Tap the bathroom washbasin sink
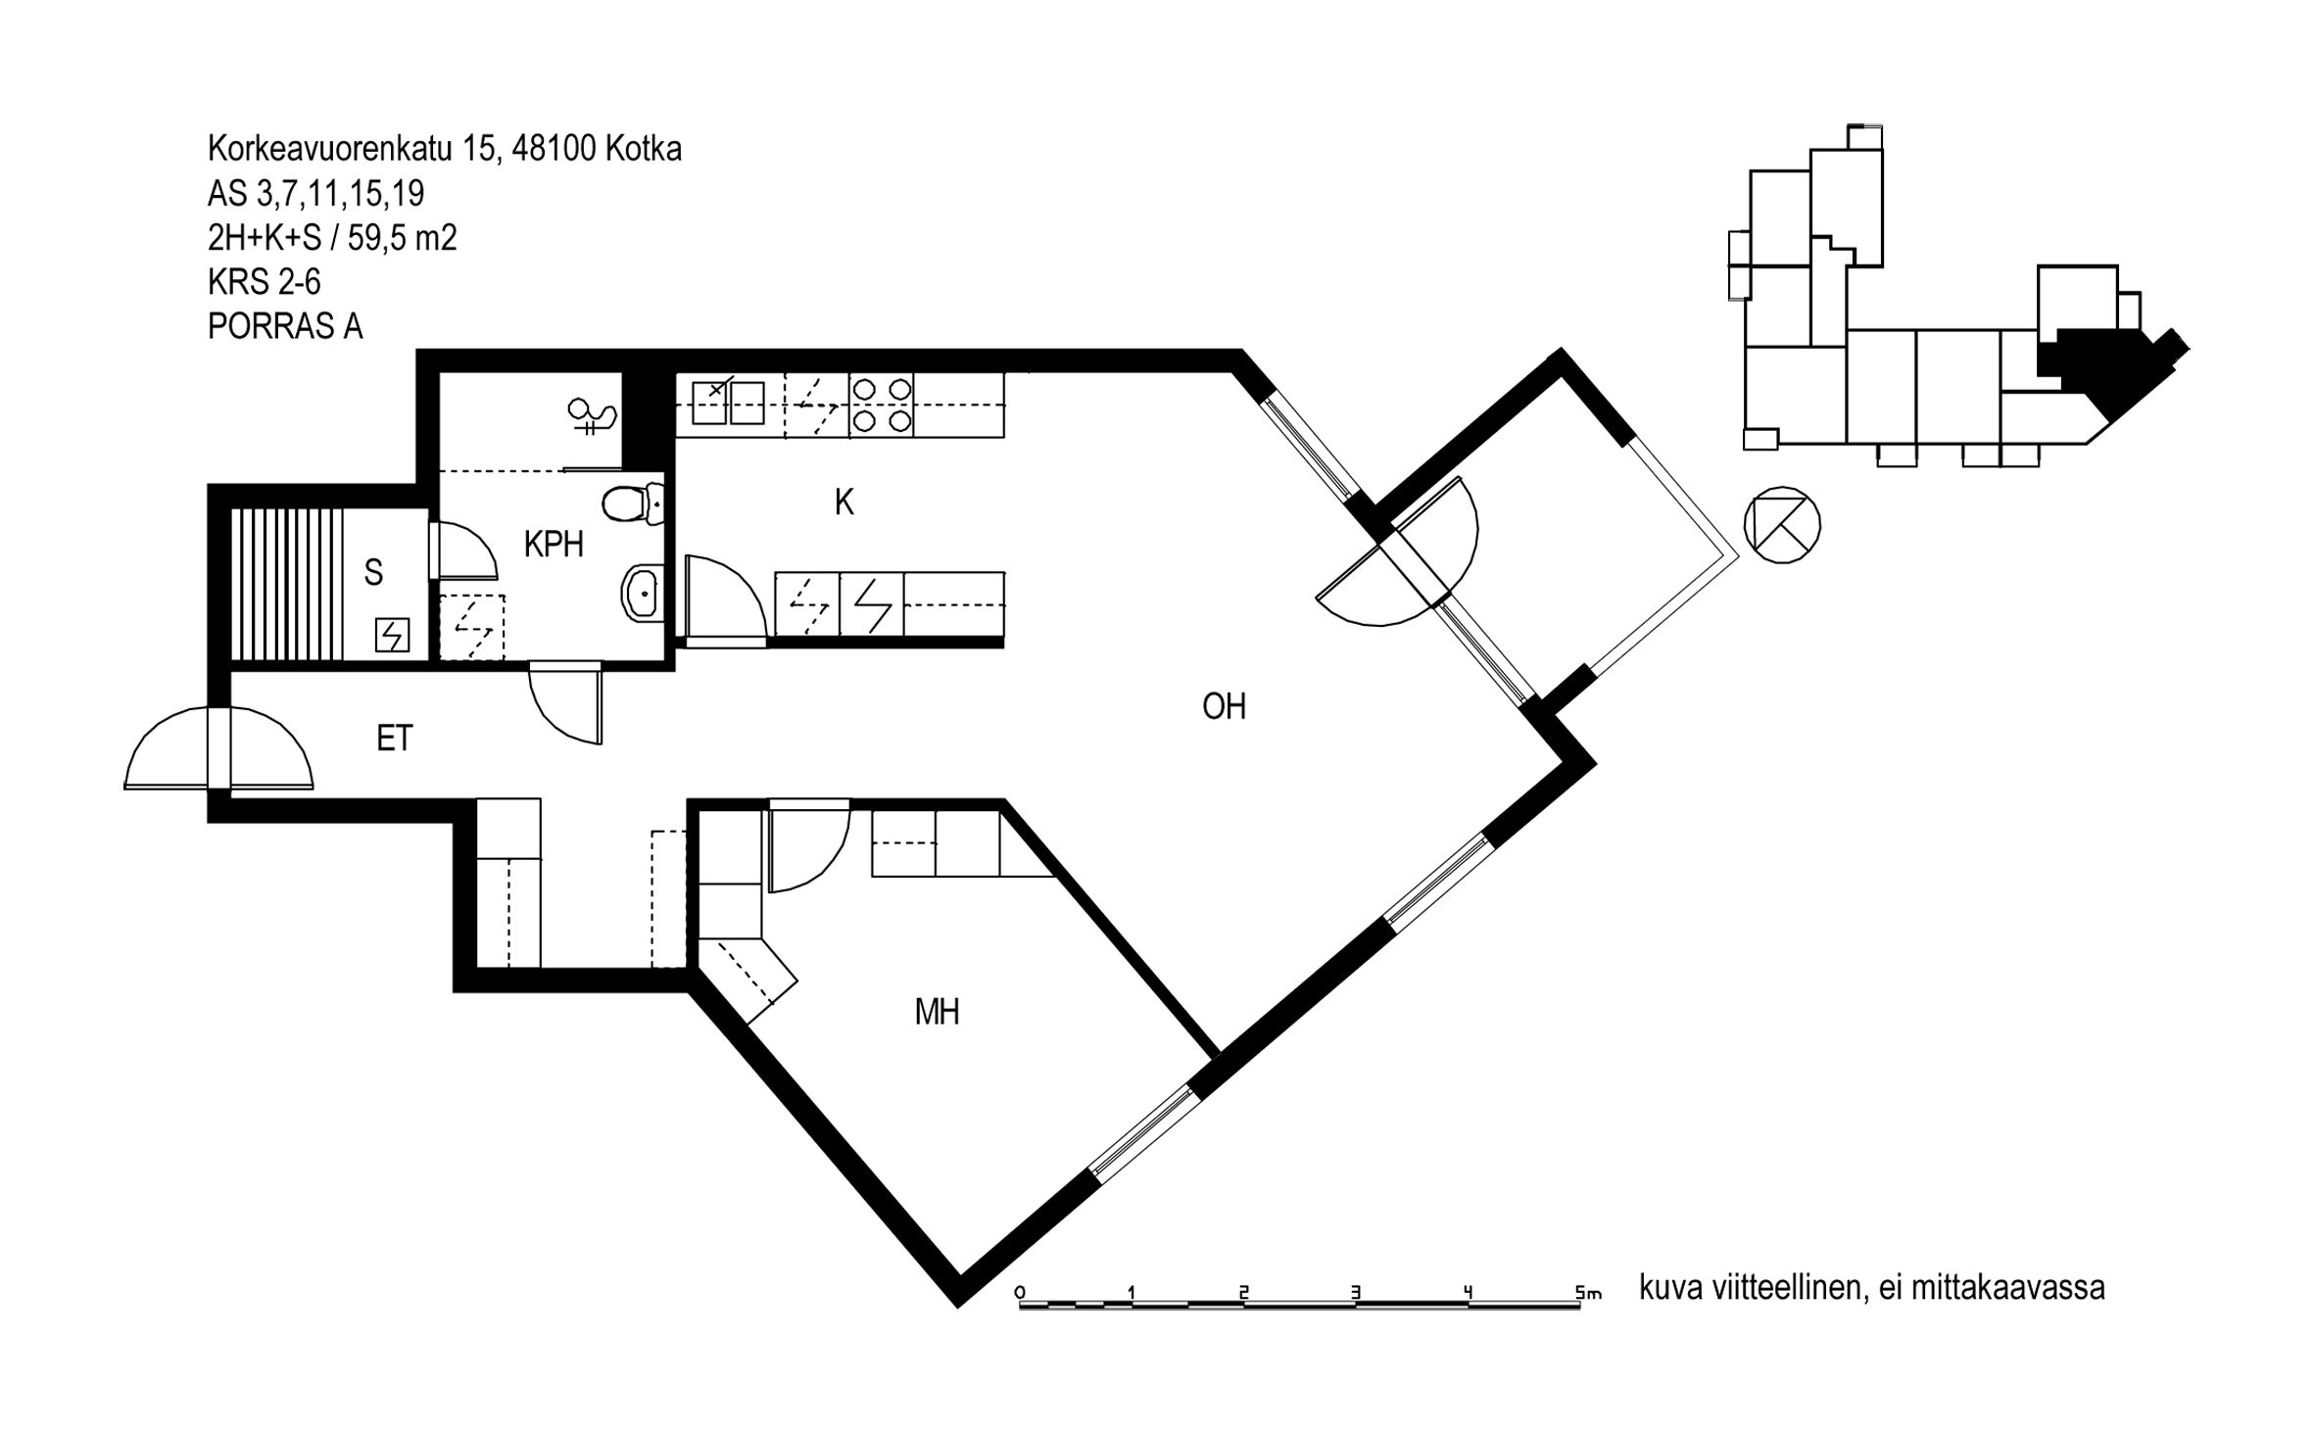[x=643, y=592]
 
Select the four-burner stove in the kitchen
[x=881, y=405]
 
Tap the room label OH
[x=1224, y=706]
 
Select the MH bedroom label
[x=937, y=1012]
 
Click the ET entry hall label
[x=395, y=738]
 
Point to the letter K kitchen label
[x=844, y=502]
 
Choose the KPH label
[x=554, y=545]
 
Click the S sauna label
[x=373, y=573]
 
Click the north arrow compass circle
[x=1782, y=525]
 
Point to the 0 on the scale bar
[x=1020, y=1292]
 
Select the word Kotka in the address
[x=644, y=149]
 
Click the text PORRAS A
[x=285, y=326]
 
